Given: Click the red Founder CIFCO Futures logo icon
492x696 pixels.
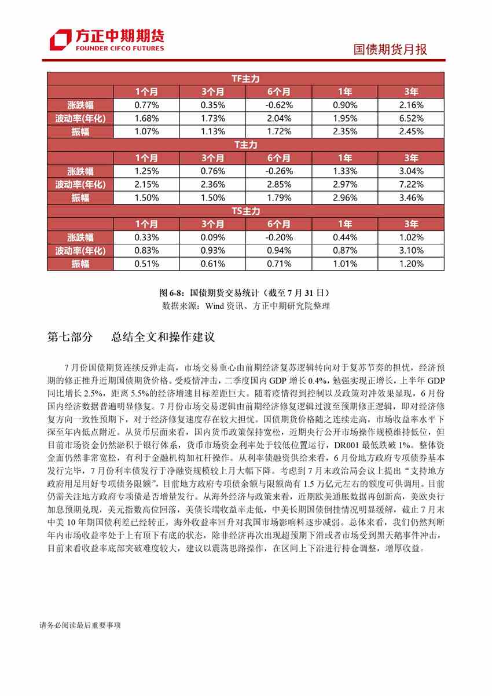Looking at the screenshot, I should [60, 40].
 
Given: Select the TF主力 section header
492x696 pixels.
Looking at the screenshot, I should [245, 78].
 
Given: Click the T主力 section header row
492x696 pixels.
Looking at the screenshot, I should [245, 144].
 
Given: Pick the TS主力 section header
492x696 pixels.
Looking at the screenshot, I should [245, 211].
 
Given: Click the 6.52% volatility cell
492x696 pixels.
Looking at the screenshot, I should [411, 118].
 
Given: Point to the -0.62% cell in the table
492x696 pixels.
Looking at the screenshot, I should [279, 105].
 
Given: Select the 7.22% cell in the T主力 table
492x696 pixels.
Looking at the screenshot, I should [411, 184].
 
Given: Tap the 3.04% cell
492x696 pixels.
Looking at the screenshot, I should [411, 171].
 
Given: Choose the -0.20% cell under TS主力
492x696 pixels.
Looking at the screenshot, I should [279, 237].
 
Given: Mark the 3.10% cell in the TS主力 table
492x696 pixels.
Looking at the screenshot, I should [411, 251].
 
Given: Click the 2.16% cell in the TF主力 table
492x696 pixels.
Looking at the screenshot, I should [411, 105].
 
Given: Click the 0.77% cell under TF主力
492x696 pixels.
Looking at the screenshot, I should [146, 105].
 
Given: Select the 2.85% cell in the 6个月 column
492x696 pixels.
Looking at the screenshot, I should [279, 184].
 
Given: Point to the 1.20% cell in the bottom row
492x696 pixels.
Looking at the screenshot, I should [411, 264].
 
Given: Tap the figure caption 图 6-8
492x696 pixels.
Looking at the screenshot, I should [245, 292].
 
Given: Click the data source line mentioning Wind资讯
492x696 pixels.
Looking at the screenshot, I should [245, 306].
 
